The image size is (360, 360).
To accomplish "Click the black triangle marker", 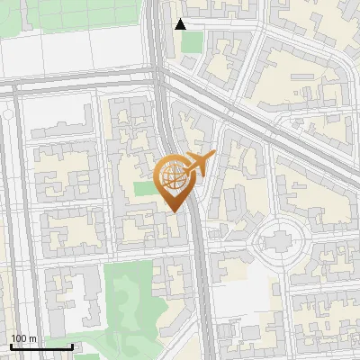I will [181, 24].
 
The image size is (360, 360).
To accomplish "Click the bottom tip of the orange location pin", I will [174, 212].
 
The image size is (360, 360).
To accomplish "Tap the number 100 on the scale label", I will [19, 338].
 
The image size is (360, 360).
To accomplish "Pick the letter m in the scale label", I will [33, 338].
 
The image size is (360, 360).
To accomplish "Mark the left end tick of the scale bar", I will [11, 346].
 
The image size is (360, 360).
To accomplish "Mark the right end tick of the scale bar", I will [72, 346].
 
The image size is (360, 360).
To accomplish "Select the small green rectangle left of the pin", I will [144, 189].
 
